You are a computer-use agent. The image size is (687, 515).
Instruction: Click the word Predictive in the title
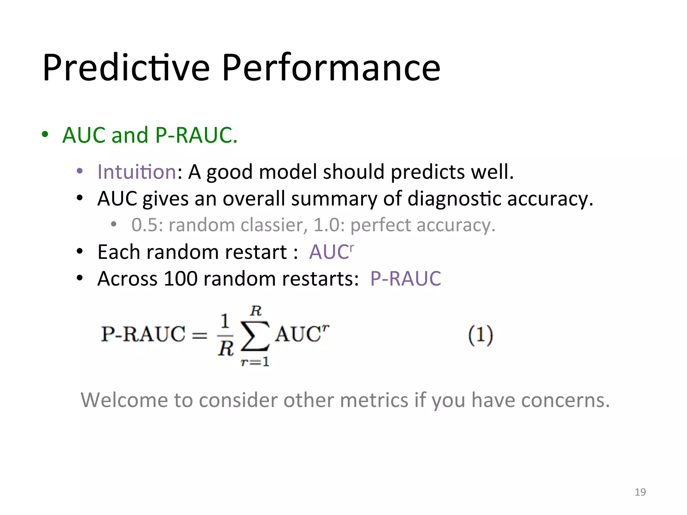126,68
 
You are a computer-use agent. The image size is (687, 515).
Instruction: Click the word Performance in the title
331,68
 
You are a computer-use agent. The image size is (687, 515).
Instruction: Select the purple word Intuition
137,172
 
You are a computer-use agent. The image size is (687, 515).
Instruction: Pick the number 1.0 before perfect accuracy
326,225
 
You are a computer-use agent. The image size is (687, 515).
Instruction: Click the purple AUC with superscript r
331,252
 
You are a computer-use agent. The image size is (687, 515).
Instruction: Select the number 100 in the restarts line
180,279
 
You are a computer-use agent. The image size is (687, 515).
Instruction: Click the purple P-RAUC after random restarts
405,279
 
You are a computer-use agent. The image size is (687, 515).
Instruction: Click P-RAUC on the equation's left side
143,334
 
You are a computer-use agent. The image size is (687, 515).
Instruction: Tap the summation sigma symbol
255,336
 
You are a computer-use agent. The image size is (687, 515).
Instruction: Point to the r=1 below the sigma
255,362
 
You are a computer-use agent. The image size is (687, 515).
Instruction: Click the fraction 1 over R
225,335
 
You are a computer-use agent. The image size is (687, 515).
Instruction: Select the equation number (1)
480,335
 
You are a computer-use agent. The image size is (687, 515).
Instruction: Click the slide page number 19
640,492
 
